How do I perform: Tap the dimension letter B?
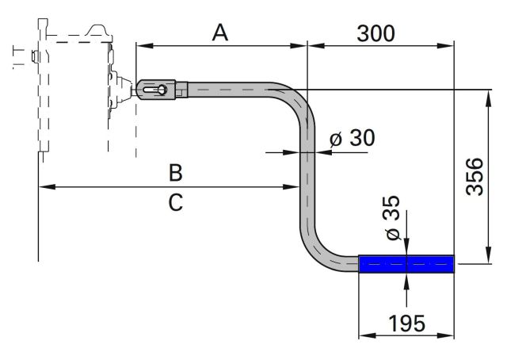(x=176, y=171)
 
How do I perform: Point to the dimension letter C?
(x=176, y=203)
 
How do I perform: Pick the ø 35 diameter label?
(x=393, y=217)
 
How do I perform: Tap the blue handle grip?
(x=406, y=264)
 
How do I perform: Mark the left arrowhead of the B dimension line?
(x=44, y=187)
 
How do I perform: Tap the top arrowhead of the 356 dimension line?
(x=484, y=94)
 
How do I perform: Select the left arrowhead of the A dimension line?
(x=141, y=45)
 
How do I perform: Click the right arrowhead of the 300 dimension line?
(x=451, y=45)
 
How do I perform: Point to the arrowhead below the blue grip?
(x=406, y=280)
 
